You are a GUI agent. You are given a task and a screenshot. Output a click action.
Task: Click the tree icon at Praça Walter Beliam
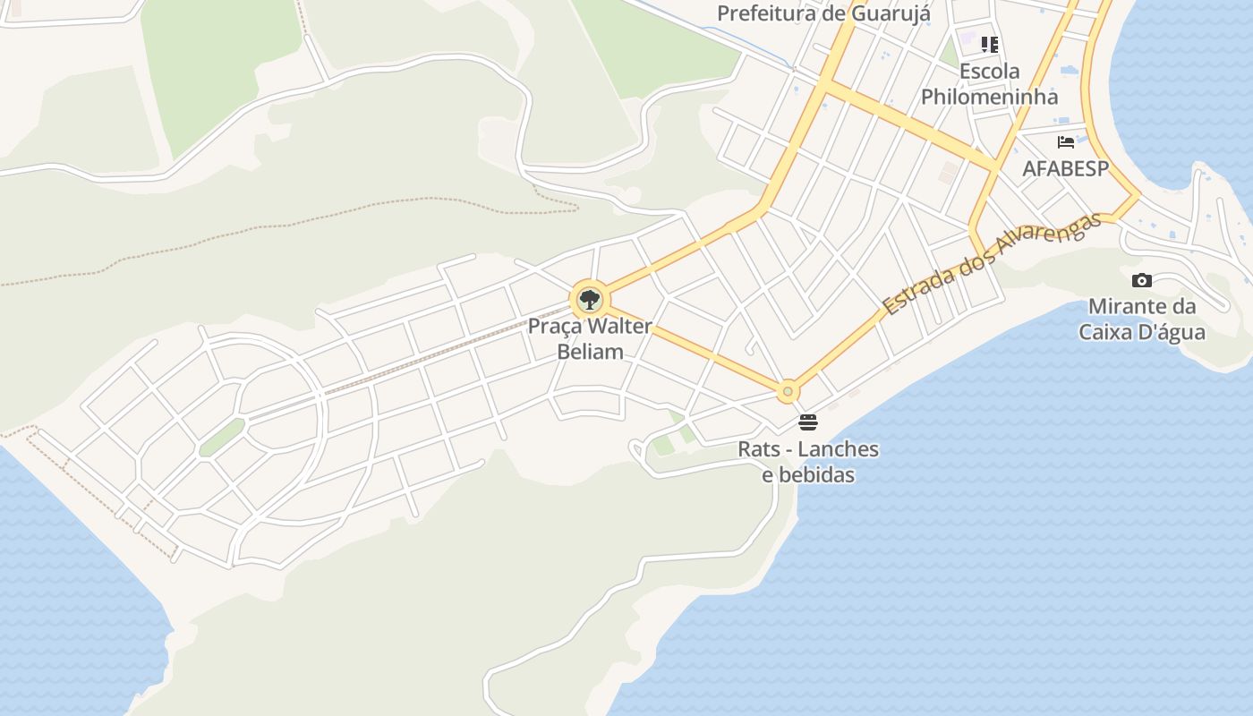[589, 300]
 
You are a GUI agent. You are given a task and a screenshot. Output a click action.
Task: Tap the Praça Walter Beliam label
[590, 338]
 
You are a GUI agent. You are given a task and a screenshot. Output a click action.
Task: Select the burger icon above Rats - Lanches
[808, 422]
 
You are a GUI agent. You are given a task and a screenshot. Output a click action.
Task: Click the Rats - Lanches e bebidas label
[808, 462]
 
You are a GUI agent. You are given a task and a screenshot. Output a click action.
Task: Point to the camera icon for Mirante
[1141, 281]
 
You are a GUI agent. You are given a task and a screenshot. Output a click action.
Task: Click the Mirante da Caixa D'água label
[1142, 320]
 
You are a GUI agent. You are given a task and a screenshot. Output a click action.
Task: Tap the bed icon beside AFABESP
[1065, 141]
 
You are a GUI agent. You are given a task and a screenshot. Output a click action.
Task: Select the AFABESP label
[1065, 168]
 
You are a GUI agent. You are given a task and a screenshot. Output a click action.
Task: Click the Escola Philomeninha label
[989, 84]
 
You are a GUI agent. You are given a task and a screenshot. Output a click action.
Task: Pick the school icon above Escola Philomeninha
[989, 44]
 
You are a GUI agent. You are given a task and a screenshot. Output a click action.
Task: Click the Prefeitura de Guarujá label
[823, 13]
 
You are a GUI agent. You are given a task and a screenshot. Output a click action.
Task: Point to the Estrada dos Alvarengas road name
[992, 263]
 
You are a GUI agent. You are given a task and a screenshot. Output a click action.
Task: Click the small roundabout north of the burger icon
[788, 391]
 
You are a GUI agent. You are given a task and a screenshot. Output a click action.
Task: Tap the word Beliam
[590, 352]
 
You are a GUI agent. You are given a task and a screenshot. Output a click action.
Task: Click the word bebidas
[808, 474]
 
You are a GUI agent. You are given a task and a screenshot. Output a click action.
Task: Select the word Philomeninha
[989, 97]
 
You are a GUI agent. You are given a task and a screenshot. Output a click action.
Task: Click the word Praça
[556, 326]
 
